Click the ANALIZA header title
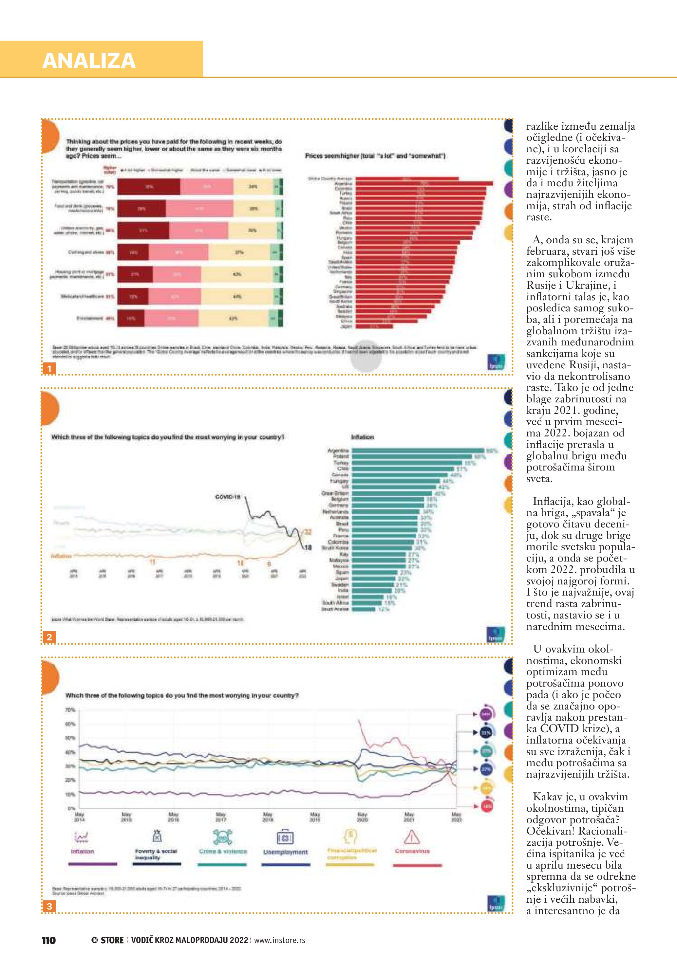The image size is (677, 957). point(89,61)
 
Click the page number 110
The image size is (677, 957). point(49,940)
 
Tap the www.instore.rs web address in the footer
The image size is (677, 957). point(279,940)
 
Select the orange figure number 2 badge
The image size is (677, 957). point(49,637)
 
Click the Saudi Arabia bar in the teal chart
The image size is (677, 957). point(364,609)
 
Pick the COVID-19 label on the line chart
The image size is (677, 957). point(228,497)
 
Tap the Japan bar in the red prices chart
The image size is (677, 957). point(374,326)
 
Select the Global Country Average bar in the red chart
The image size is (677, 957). point(406,179)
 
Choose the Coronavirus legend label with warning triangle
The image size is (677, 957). point(412,851)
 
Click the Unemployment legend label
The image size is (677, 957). point(285,852)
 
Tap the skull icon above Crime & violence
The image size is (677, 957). point(223,837)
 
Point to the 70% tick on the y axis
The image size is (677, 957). point(70,710)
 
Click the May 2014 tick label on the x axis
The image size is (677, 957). point(79,817)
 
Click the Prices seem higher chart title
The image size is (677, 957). point(375,156)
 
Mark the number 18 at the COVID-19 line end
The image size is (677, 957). point(308,547)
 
